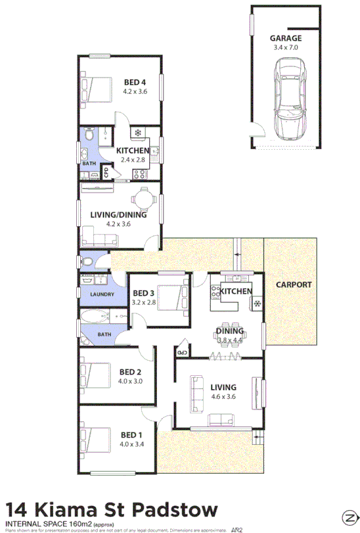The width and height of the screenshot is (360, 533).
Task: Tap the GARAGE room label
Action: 286,39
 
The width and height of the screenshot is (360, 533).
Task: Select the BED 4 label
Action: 135,82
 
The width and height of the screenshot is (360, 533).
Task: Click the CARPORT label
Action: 293,285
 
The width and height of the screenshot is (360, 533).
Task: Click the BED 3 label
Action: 143,293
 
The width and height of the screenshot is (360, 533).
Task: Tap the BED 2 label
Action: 130,371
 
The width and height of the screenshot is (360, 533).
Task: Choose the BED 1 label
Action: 131,434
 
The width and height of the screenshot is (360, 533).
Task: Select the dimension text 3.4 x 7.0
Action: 285,47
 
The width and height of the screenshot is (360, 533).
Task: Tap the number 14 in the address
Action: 16,511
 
